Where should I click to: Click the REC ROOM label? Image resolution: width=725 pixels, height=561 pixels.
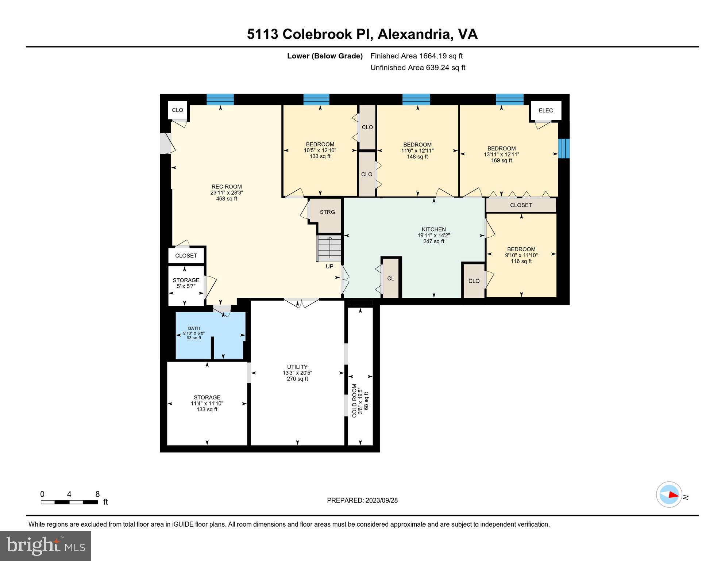(227, 187)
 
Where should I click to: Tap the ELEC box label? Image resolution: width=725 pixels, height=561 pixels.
(545, 110)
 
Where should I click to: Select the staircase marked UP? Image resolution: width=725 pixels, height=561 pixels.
(329, 248)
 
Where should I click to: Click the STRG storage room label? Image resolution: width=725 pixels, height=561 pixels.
(327, 212)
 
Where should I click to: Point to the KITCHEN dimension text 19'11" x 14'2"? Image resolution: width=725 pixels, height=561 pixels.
(433, 236)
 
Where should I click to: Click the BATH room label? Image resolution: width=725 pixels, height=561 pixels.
(194, 328)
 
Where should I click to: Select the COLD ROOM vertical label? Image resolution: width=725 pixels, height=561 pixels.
(354, 400)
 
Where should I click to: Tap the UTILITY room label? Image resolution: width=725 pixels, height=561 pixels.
(297, 367)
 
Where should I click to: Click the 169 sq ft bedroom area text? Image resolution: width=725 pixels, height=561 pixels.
(501, 160)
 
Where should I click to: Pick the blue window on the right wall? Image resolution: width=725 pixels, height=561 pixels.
(564, 148)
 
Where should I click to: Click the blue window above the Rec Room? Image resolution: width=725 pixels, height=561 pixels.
(220, 99)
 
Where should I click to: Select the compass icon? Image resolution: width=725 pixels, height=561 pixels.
(669, 495)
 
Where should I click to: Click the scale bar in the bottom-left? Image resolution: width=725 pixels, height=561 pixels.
(69, 502)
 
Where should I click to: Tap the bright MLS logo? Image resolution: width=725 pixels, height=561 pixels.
(46, 546)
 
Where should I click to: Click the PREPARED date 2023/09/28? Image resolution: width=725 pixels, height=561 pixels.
(362, 500)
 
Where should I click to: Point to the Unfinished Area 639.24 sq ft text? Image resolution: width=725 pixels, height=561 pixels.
(417, 68)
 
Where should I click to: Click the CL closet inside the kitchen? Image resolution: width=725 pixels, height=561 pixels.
(390, 278)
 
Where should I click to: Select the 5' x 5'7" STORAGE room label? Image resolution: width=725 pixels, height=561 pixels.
(186, 283)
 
